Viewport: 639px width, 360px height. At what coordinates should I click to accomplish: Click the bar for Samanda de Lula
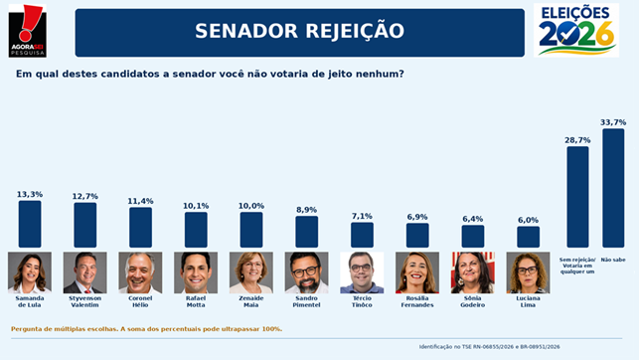tap(30, 224)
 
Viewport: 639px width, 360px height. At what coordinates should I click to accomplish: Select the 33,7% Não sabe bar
tap(613, 188)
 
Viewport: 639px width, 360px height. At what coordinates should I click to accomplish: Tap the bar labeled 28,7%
tap(577, 197)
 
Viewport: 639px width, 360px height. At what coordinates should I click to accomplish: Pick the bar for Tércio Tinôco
tap(362, 235)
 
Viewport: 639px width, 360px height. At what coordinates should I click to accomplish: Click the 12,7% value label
tap(85, 197)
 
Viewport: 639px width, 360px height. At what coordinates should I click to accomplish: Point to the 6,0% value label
tap(528, 220)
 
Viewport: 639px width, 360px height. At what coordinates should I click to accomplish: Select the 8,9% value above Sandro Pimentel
tap(306, 210)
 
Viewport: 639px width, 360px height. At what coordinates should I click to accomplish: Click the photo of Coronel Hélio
tap(140, 272)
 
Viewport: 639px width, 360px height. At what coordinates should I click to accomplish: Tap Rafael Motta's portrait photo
tap(196, 272)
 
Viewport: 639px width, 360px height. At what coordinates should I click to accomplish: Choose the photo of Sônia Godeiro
tap(473, 272)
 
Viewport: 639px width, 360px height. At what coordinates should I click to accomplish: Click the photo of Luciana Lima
tap(528, 272)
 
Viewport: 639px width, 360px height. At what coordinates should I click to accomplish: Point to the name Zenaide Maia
tap(251, 301)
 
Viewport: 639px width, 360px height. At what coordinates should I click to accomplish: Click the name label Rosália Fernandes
tap(417, 301)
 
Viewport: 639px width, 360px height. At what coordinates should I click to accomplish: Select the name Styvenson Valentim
tap(85, 301)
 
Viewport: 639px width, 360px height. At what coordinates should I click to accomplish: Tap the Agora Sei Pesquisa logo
tap(27, 31)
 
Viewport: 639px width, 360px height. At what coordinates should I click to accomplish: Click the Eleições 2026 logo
tap(576, 30)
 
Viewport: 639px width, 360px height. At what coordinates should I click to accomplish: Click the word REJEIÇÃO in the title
tap(355, 31)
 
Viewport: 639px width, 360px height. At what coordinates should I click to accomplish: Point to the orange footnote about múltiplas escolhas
tap(146, 329)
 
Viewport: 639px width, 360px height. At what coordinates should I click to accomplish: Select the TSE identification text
tap(490, 347)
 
